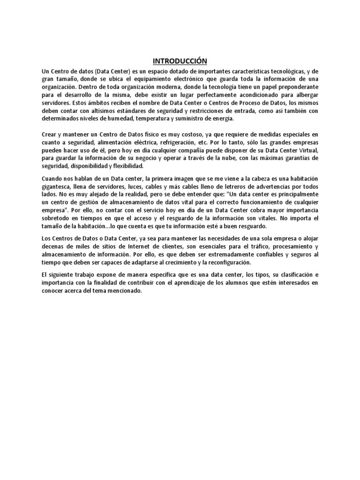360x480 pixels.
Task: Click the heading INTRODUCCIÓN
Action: pyautogui.click(x=180, y=61)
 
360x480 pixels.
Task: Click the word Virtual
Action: pyautogui.click(x=307, y=150)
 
